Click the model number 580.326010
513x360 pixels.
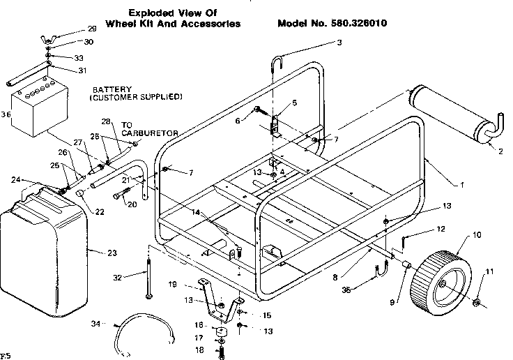click(362, 23)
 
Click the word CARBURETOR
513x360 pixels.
click(151, 132)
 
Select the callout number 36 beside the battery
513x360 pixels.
click(6, 114)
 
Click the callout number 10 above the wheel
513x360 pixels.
click(476, 235)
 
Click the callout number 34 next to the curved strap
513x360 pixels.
click(96, 323)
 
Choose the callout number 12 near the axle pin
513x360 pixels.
click(440, 229)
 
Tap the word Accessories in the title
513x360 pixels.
click(209, 23)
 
